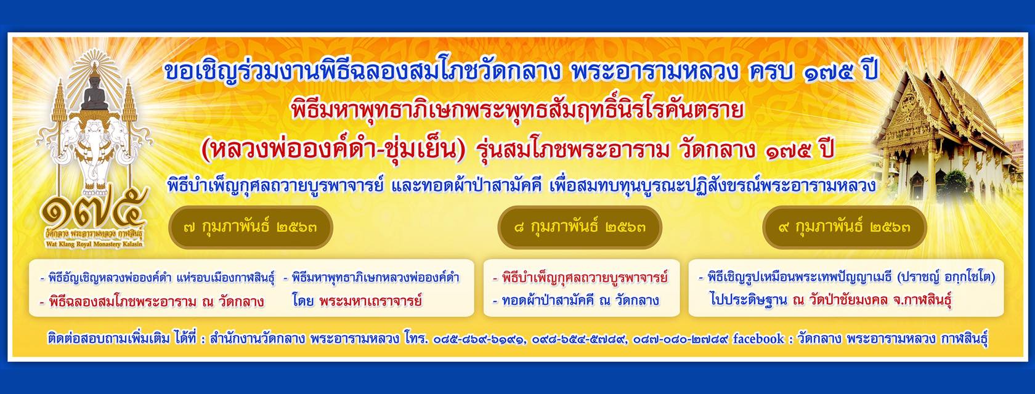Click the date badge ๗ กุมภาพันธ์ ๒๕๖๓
tap(250, 227)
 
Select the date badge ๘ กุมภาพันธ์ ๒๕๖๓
tap(579, 227)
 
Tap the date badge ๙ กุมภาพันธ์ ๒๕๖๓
tap(844, 227)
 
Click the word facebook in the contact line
tap(758, 339)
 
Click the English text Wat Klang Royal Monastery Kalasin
tap(94, 244)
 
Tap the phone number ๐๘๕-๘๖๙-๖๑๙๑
tap(478, 339)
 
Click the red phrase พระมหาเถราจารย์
tap(371, 300)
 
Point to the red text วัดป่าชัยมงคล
tap(848, 300)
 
